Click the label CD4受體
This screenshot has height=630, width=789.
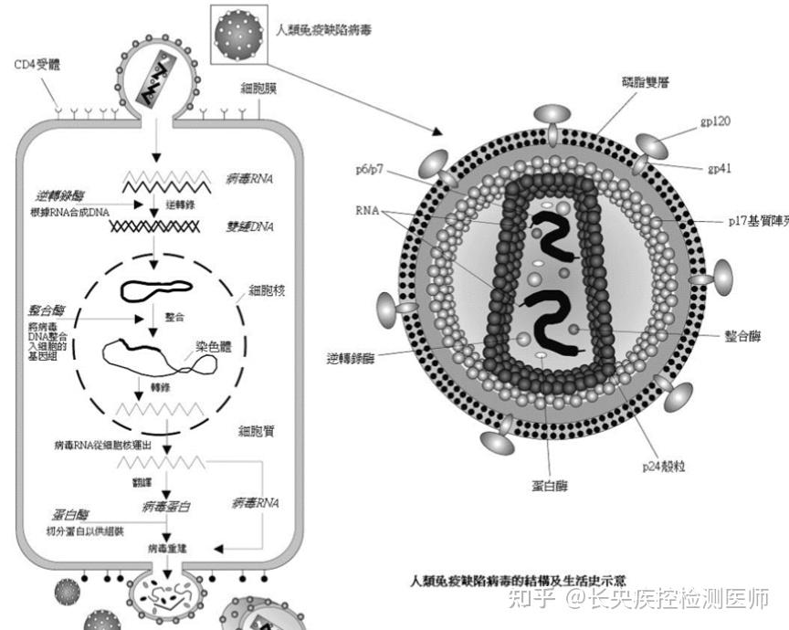click(x=39, y=67)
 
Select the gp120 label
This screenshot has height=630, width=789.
click(x=715, y=121)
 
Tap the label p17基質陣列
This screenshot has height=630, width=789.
click(x=757, y=220)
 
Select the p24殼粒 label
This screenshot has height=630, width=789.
click(x=664, y=466)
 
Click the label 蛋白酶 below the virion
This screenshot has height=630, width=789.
click(x=547, y=485)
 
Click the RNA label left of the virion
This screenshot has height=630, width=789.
click(x=369, y=209)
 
